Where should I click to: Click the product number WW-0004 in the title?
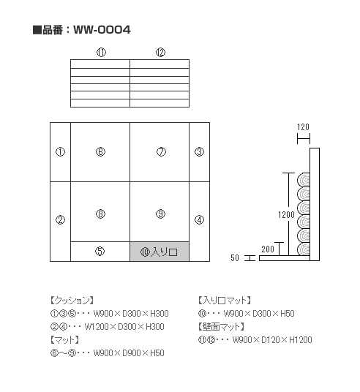tap(102, 30)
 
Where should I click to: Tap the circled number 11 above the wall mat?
tap(101, 53)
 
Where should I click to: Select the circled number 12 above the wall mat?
tap(160, 53)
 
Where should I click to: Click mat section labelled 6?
tap(100, 152)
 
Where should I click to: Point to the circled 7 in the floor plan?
tap(161, 152)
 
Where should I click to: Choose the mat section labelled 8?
tap(100, 212)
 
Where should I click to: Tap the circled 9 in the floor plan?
tap(160, 214)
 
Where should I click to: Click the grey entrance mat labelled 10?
tap(160, 252)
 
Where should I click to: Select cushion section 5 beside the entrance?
tap(100, 252)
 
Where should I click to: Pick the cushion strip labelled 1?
tap(60, 152)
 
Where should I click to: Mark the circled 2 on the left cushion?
tap(60, 220)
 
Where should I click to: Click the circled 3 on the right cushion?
tap(199, 152)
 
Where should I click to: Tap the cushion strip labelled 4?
tap(199, 222)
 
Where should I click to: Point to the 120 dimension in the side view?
tap(303, 127)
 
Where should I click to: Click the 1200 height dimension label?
tap(286, 215)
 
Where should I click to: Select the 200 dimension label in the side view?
tap(268, 249)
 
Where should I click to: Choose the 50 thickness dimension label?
tap(235, 258)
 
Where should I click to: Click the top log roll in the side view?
tap(304, 180)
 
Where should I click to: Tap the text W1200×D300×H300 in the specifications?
tap(124, 327)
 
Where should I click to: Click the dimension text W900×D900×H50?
tap(129, 353)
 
